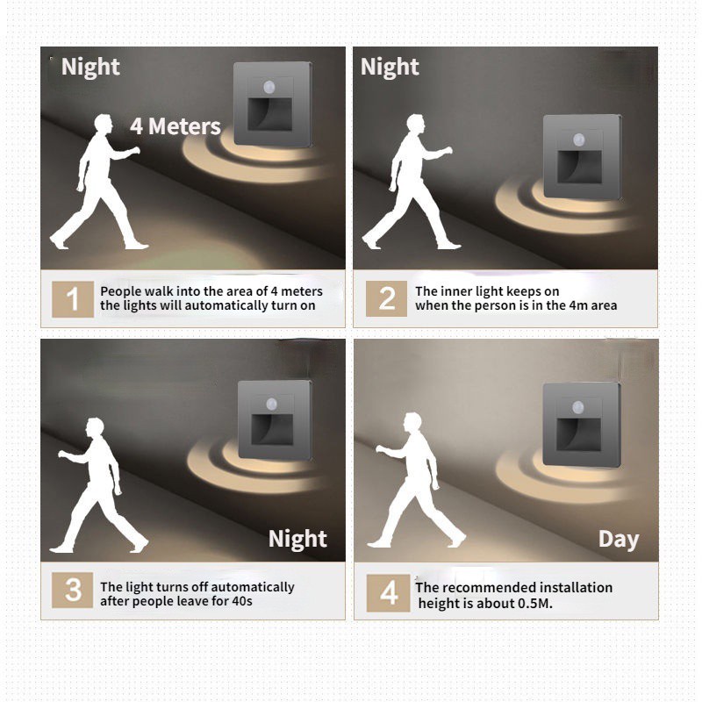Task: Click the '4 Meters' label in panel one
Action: (x=175, y=126)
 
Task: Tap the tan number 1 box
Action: (x=73, y=299)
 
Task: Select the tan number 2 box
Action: (x=386, y=298)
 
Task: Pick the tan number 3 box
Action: (x=73, y=590)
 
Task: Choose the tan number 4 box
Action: (x=388, y=593)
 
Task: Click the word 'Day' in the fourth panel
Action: (x=619, y=540)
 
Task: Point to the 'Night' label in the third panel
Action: (x=297, y=539)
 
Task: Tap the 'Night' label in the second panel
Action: (x=390, y=68)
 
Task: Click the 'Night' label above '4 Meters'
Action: (x=90, y=68)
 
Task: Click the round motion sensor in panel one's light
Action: (x=269, y=86)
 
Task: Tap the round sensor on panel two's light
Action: (x=579, y=140)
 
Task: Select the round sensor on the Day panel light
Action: (x=578, y=408)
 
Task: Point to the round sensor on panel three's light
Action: (x=272, y=405)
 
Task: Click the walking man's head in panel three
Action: (x=96, y=427)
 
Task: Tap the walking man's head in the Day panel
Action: (x=412, y=422)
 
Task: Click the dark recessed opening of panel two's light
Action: (x=579, y=167)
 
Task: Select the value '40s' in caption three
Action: (x=242, y=601)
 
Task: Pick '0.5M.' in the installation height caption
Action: (x=535, y=604)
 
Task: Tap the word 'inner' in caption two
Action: (x=449, y=291)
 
